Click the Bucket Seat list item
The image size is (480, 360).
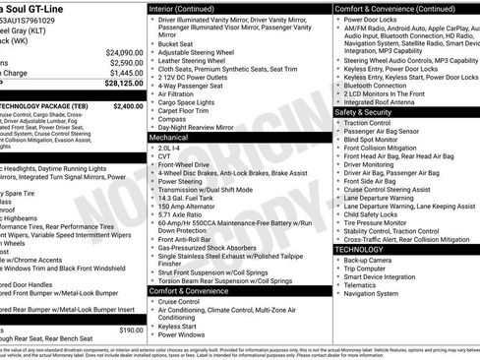[175, 43]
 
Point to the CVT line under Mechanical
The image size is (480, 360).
[164, 155]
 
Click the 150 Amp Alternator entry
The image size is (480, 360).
[185, 207]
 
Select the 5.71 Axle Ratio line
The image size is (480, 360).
[180, 215]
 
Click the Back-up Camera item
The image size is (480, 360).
[373, 259]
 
